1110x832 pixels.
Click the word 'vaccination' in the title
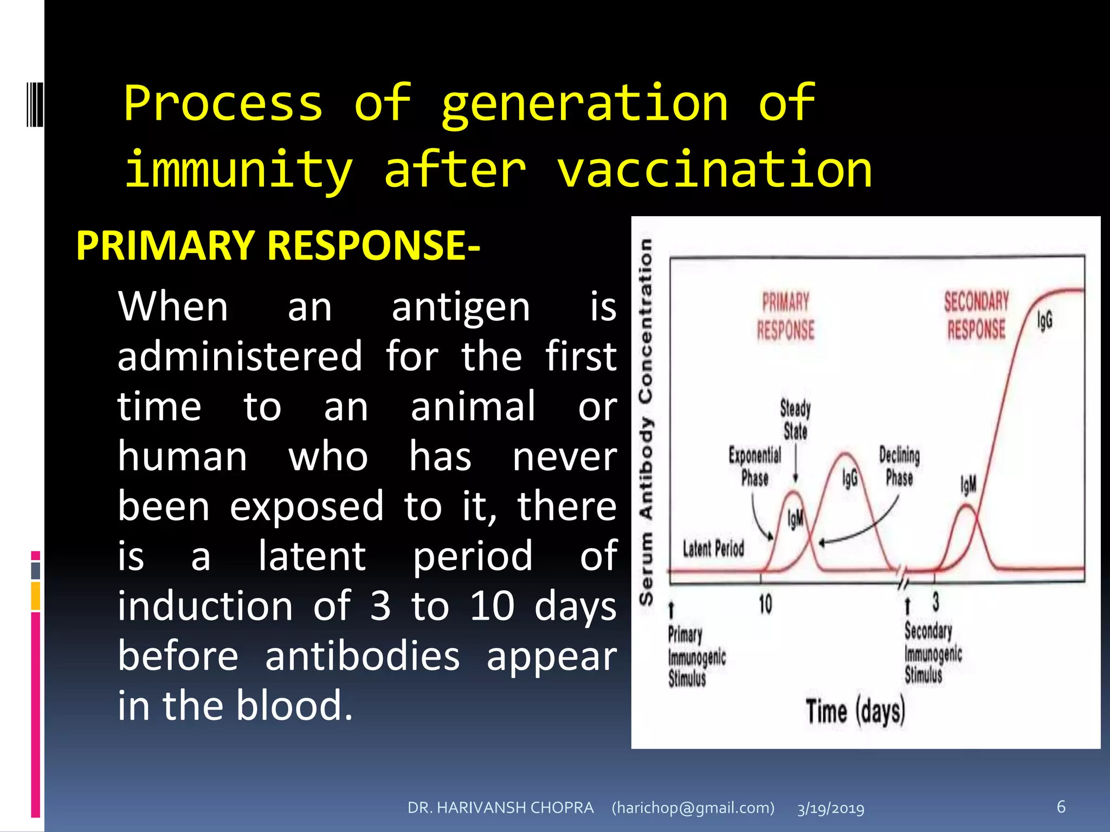pos(714,170)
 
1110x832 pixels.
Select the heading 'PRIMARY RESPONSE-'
pos(277,245)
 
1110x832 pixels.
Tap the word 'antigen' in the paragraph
pos(460,307)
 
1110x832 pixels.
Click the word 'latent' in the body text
pos(312,556)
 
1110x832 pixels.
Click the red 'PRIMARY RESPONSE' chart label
pos(785,316)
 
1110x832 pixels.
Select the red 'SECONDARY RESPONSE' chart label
pos(976,315)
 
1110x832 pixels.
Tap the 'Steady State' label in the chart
pos(795,419)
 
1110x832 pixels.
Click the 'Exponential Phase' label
pos(755,466)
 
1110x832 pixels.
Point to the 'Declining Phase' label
pos(899,466)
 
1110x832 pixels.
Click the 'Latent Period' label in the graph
pos(713,549)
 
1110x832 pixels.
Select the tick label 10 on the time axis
pos(765,604)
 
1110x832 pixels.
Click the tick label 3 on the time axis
pos(935,601)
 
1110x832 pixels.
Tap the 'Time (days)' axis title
pos(855,712)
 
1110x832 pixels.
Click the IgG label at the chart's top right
pos(1045,320)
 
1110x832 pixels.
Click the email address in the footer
pos(693,808)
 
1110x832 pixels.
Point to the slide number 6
pos(1061,807)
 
